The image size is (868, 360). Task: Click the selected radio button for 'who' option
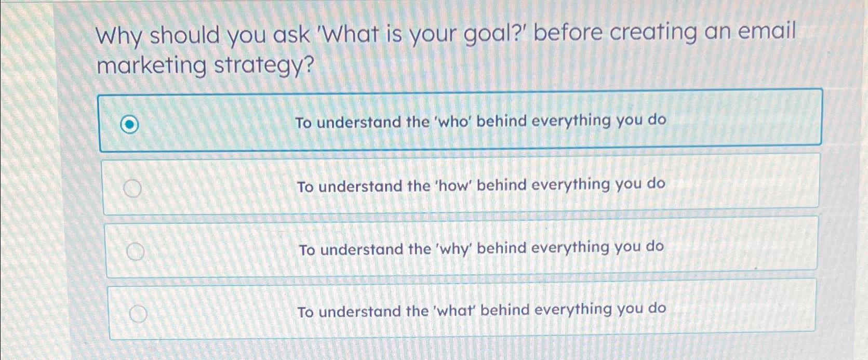point(129,125)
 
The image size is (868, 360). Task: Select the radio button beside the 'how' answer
point(133,189)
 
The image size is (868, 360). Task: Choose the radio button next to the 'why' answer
point(136,252)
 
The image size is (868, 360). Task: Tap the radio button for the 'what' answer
point(138,314)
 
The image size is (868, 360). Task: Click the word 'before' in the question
point(568,33)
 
